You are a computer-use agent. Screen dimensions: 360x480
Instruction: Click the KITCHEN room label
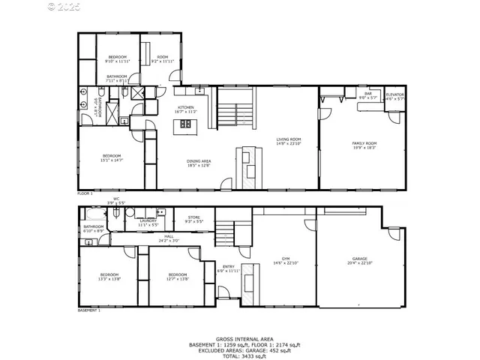(186, 109)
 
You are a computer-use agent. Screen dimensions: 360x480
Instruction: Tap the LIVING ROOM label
(289, 141)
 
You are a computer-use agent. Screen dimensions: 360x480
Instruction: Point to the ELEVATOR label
(394, 96)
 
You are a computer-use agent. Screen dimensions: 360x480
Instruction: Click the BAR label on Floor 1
(368, 95)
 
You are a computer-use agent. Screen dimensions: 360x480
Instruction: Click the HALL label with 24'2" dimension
(169, 238)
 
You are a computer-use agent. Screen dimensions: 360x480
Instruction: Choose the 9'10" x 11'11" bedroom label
(118, 59)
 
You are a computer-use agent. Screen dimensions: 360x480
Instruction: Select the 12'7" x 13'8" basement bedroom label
(177, 277)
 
